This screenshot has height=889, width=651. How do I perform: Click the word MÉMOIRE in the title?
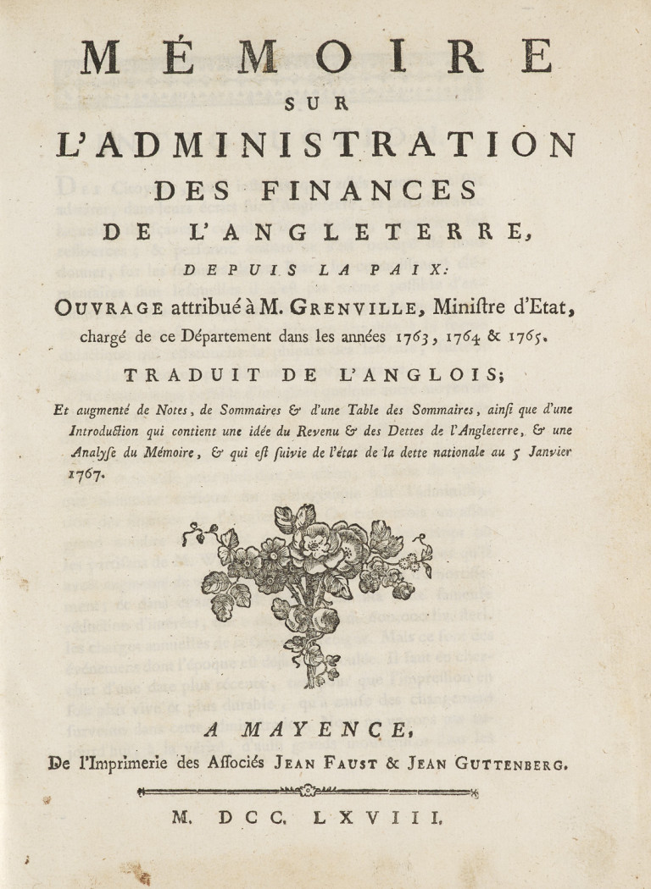coord(325,58)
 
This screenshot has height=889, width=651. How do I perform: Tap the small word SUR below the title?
coord(325,104)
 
